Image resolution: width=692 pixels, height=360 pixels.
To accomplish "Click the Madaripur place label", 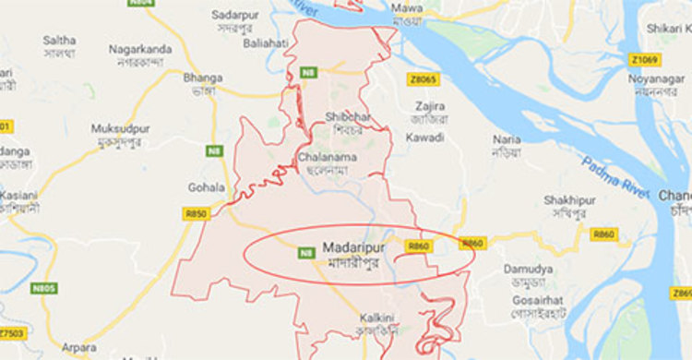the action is (349, 247).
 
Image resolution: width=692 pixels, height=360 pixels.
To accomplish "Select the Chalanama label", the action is (328, 158).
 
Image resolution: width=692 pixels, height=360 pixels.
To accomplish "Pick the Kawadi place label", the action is (425, 137).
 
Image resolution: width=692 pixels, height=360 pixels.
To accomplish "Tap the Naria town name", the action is (507, 138).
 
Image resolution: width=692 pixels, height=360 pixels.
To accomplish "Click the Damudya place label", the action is (528, 269).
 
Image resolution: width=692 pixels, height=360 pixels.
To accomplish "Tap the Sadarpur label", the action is (233, 16).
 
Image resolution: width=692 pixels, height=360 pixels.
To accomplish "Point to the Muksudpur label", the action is (121, 129).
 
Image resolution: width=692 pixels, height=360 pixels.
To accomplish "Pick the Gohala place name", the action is (206, 186).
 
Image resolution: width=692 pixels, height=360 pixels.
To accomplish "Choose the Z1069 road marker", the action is (646, 60).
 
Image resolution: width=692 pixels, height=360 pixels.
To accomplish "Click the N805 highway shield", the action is (43, 287).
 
